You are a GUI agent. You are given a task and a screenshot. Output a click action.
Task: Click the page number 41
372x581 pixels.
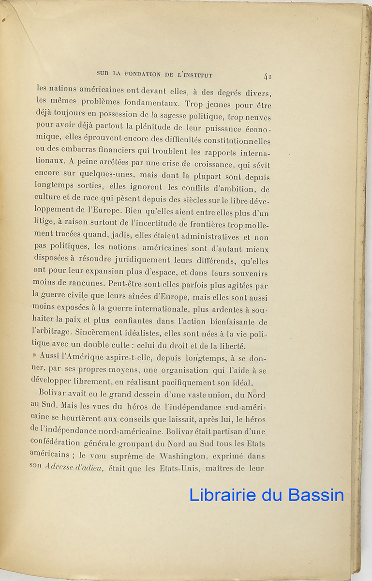click(268, 76)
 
